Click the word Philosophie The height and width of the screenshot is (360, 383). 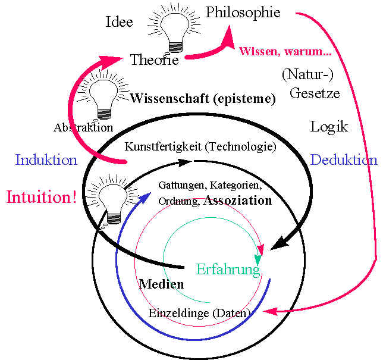coord(243,12)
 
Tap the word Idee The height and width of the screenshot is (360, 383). coord(119,23)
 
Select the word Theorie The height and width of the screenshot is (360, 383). coord(154,60)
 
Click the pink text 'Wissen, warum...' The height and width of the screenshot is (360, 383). coord(285,51)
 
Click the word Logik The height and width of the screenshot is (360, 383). coord(329,127)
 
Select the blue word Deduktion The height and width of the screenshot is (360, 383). coord(344,160)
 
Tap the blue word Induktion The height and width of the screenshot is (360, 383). coord(46,159)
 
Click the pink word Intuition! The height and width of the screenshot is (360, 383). coord(42,197)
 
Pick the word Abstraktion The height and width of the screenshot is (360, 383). coord(83,127)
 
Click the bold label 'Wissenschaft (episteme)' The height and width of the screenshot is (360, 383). coord(203,99)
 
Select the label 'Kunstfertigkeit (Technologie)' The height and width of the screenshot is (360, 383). coord(200,146)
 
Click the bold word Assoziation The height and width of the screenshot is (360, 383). coord(237,201)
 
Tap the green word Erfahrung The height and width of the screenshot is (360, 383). coord(228,270)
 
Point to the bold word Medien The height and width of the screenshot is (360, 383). coord(161,284)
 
